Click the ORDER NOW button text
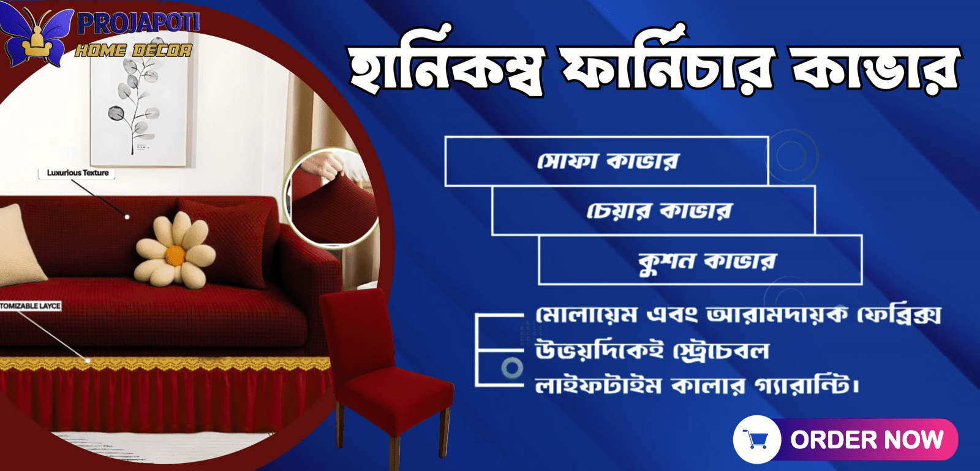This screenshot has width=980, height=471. point(867,440)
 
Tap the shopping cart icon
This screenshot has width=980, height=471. point(756,439)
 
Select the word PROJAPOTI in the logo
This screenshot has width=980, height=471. point(138,23)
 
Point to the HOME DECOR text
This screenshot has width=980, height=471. point(134,50)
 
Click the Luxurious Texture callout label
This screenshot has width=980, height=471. point(77,173)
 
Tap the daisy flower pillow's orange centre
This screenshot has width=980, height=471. point(175,255)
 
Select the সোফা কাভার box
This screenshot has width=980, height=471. point(606,161)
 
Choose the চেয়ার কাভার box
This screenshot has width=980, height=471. point(654,210)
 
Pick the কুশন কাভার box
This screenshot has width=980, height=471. point(701,260)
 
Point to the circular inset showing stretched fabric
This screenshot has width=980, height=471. point(331,198)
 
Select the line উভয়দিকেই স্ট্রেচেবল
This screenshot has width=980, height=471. point(652,351)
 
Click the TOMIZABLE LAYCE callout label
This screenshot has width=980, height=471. point(30,306)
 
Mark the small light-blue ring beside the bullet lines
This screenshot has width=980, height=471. point(512,367)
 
